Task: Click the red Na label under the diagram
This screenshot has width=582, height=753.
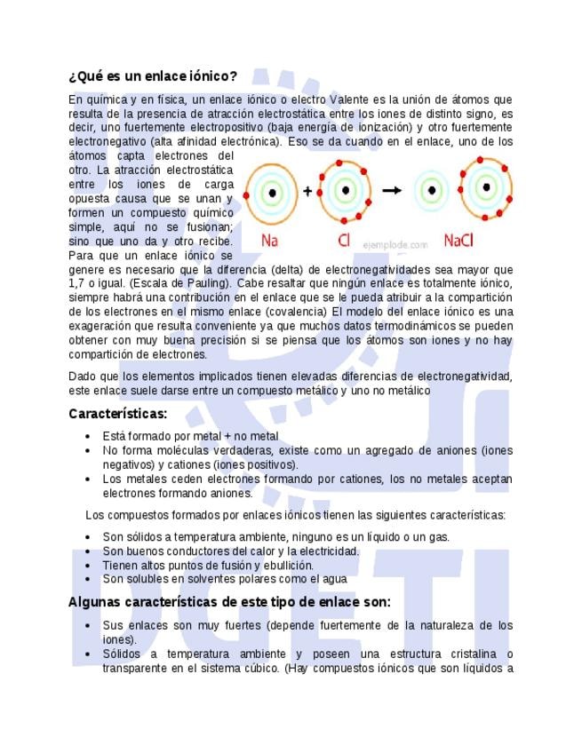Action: pyautogui.click(x=271, y=240)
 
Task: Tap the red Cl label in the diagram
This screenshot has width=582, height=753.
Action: pyautogui.click(x=344, y=240)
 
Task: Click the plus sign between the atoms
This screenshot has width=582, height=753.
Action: pyautogui.click(x=307, y=190)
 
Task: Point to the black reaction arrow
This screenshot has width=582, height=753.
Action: pyautogui.click(x=392, y=190)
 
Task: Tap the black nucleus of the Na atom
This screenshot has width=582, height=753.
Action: pyautogui.click(x=272, y=191)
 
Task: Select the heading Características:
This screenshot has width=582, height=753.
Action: pyautogui.click(x=117, y=414)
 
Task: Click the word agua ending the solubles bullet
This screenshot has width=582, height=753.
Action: pyautogui.click(x=332, y=579)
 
